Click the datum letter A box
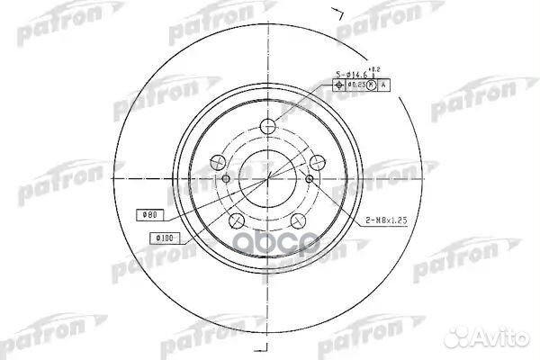click(385, 85)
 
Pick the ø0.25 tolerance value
click(357, 85)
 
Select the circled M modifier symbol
click(373, 85)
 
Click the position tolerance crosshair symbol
click(339, 85)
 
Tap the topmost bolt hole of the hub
click(268, 127)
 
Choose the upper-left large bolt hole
click(217, 163)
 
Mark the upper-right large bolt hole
click(317, 163)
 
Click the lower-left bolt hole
click(237, 221)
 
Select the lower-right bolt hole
click(298, 221)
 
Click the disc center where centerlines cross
click(267, 178)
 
